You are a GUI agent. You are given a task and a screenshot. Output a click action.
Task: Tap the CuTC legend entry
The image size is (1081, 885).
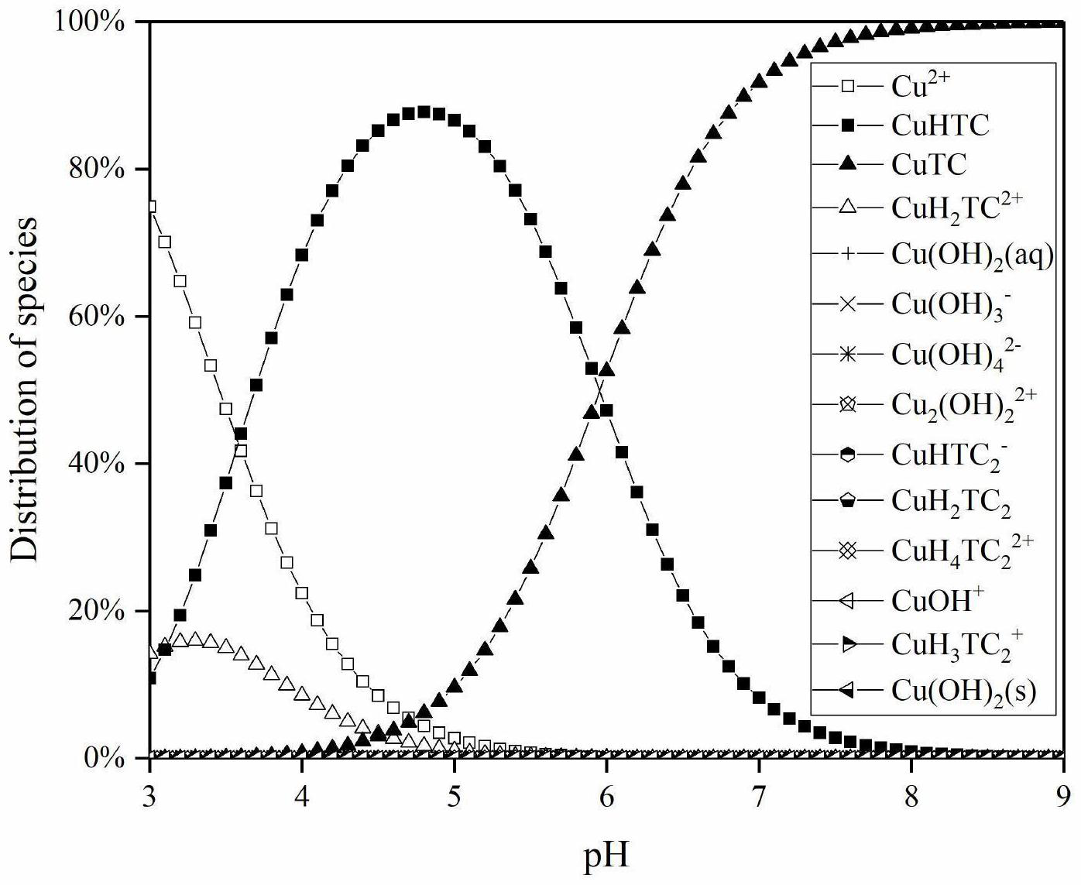click(929, 164)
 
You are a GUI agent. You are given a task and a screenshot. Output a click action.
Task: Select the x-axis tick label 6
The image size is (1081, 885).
click(606, 795)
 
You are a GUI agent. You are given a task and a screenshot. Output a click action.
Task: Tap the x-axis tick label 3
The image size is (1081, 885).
click(149, 795)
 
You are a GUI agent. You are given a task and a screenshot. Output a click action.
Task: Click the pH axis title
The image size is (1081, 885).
click(606, 855)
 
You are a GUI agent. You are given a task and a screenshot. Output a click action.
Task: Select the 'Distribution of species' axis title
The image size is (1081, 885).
click(25, 389)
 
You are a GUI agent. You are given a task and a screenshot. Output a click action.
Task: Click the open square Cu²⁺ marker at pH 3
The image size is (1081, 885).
click(150, 207)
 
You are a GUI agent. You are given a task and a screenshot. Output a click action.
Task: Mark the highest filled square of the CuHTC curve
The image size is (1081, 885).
click(424, 112)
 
